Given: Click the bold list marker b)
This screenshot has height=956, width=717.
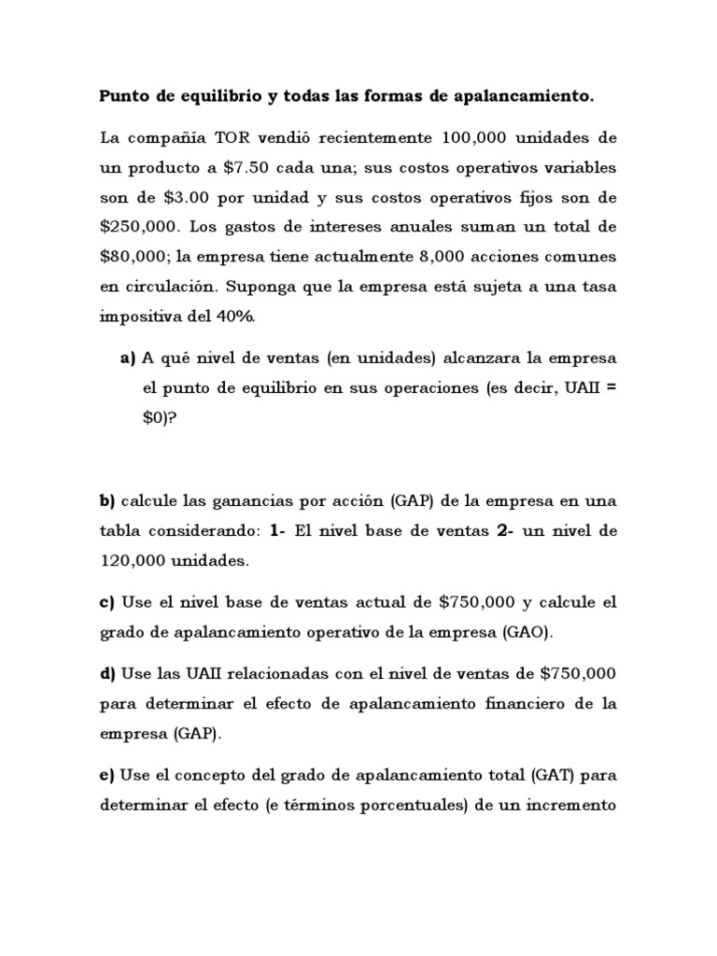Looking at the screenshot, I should [x=106, y=501].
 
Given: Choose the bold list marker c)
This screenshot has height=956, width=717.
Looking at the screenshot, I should [x=106, y=602].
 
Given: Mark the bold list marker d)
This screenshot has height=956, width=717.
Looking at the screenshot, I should [x=107, y=673].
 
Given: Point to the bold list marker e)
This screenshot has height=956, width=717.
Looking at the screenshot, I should [x=106, y=774].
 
